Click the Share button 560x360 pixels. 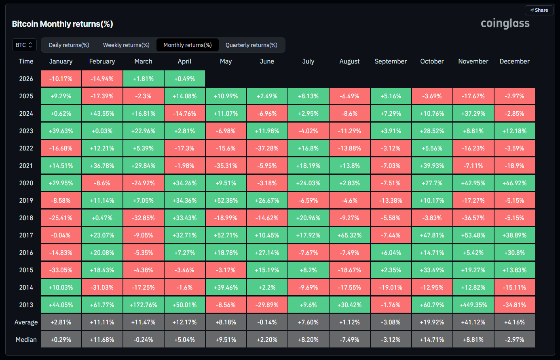click(x=539, y=10)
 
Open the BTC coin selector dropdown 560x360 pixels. click(x=24, y=45)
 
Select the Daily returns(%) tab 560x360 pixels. click(x=69, y=45)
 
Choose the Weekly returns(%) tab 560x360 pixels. click(x=126, y=45)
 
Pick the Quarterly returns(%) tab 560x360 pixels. click(x=251, y=45)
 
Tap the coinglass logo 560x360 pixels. click(x=505, y=23)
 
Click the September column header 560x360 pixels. click(x=391, y=61)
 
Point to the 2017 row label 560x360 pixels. click(x=26, y=235)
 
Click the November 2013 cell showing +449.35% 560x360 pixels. click(x=473, y=305)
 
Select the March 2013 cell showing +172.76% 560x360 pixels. click(x=144, y=305)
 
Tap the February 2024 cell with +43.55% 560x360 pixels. click(x=102, y=113)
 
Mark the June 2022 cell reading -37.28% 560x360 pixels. click(x=267, y=148)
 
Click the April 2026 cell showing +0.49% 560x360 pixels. click(x=184, y=78)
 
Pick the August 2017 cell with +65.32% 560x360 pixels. click(x=349, y=235)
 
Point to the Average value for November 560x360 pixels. click(x=473, y=322)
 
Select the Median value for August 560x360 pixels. click(x=349, y=339)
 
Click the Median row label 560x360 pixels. click(x=26, y=339)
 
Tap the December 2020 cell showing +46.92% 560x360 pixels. click(x=514, y=183)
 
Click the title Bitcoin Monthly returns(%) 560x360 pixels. click(x=62, y=24)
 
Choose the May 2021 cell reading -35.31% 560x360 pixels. click(x=226, y=165)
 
